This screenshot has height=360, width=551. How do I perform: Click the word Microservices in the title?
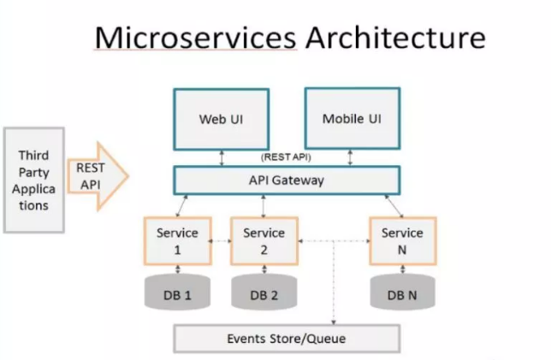pos(195,38)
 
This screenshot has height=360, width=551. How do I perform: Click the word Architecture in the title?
pos(393,38)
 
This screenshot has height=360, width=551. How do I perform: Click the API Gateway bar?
pos(287,181)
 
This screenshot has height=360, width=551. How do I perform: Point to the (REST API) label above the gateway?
pos(287,156)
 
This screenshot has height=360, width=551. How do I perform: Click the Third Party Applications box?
pos(33,180)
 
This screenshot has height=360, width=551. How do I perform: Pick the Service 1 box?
pos(177,240)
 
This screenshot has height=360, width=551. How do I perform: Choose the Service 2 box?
pos(264,240)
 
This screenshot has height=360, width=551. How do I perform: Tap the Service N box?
pos(401,240)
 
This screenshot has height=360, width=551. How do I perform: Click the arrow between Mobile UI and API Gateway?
pos(351,157)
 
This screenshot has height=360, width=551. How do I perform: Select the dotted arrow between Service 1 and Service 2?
pos(220,241)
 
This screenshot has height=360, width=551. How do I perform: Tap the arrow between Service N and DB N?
pos(401,269)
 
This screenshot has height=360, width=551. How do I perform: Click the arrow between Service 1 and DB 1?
pos(177,269)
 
